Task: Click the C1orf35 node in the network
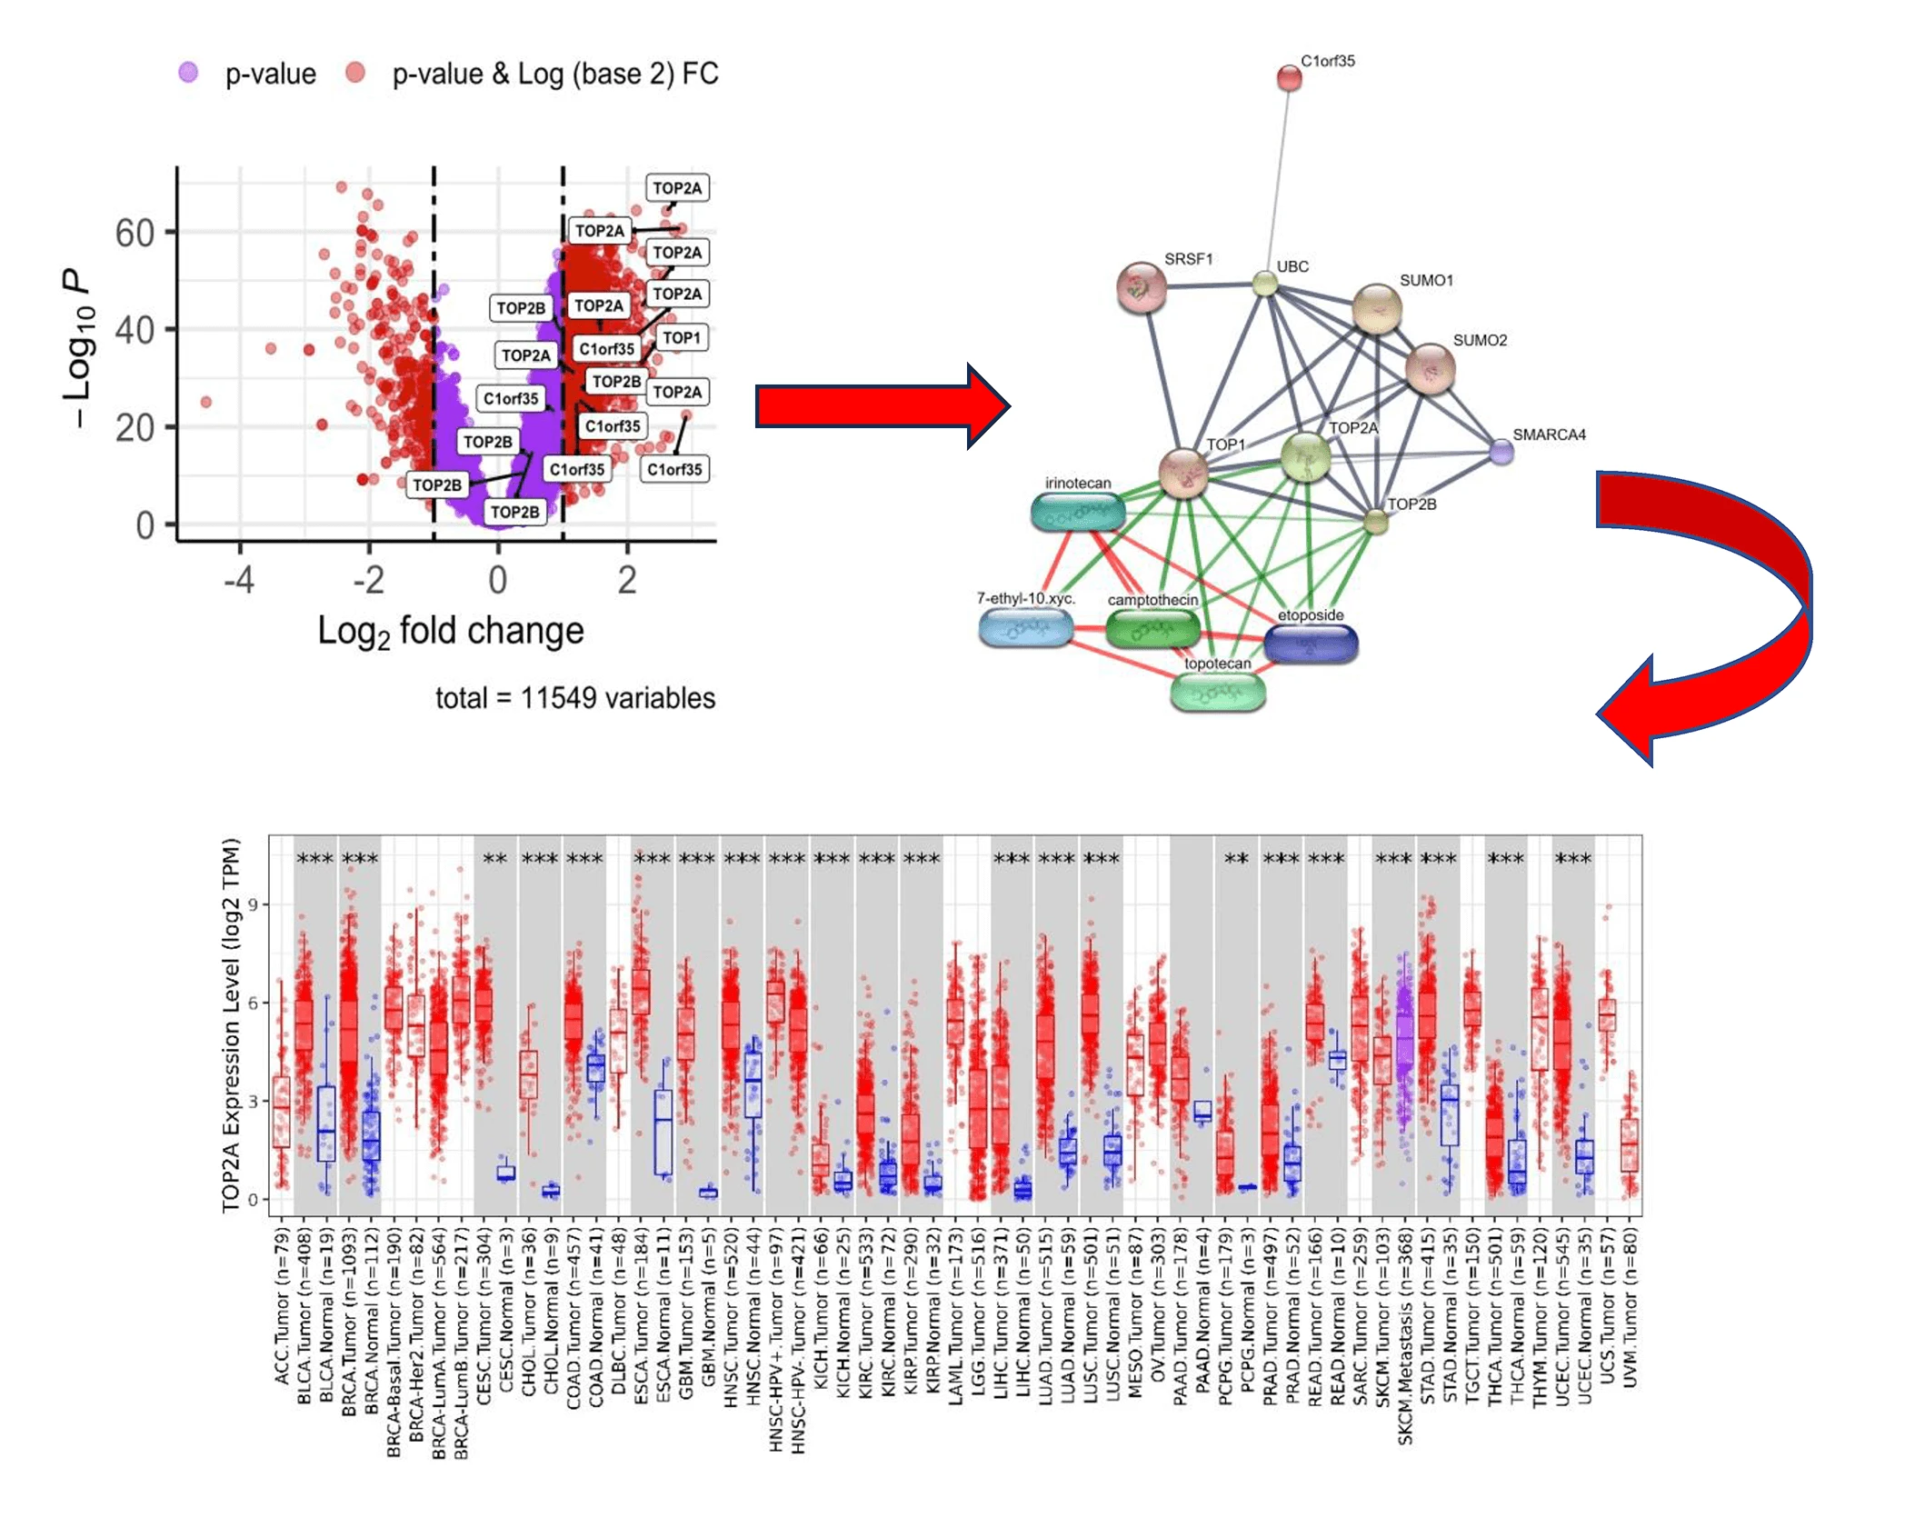[1288, 78]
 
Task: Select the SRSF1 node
[1141, 287]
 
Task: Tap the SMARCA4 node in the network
[1501, 451]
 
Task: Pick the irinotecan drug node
[1078, 513]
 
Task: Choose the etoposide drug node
[1310, 644]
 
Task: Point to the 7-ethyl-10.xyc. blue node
[1025, 626]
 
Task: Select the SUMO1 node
[1376, 308]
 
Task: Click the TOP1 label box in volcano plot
[681, 338]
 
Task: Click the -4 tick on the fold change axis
[239, 579]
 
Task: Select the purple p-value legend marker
[188, 73]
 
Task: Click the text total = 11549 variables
[574, 697]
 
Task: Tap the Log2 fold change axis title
[450, 630]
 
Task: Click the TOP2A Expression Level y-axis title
[231, 1024]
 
